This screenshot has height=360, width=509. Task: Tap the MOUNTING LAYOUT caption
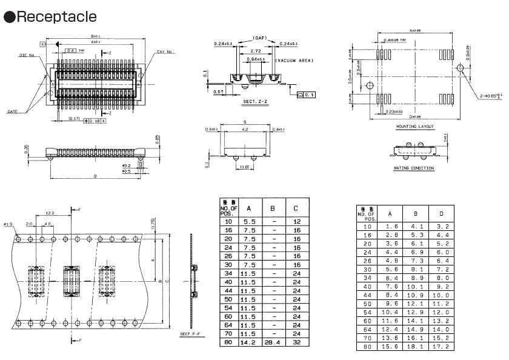click(x=415, y=127)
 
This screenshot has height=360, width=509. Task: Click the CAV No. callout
click(x=165, y=52)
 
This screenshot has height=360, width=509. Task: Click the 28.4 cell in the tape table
click(x=273, y=342)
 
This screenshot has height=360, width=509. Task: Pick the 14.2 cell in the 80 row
click(x=249, y=342)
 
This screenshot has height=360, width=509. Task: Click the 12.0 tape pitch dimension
click(x=49, y=213)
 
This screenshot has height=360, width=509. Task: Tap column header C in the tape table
click(x=296, y=208)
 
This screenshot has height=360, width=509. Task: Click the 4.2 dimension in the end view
click(x=244, y=129)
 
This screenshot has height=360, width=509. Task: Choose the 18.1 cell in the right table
click(x=415, y=346)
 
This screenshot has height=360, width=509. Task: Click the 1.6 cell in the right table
click(x=390, y=226)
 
